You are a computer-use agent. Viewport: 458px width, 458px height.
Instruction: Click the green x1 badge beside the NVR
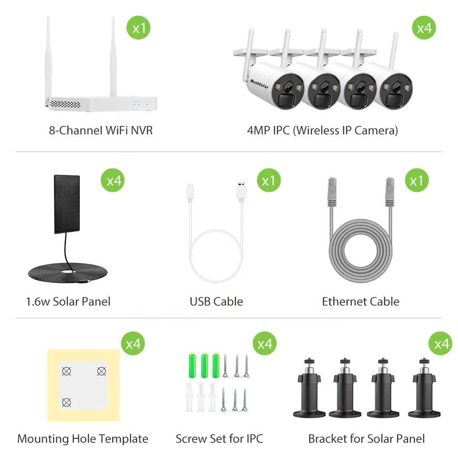coord(138,28)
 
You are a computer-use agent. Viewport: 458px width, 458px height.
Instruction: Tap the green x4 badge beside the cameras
coord(424,28)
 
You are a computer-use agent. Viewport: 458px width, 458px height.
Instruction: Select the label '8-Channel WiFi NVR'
coord(101,130)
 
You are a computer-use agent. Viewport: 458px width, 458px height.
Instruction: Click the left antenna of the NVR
coord(49,57)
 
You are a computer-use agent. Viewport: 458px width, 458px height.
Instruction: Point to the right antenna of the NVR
coord(114,57)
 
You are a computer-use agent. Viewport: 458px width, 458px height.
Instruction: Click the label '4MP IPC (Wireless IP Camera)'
coord(323,130)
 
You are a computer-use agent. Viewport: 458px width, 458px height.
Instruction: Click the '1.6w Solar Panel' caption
coord(68,302)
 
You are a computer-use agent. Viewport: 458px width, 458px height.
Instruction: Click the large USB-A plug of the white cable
coord(241,193)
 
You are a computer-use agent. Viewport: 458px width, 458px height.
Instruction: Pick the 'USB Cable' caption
coord(216,302)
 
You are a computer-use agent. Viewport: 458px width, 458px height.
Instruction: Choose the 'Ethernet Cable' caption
coord(361,302)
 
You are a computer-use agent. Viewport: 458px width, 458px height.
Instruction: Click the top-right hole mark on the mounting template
coord(101,371)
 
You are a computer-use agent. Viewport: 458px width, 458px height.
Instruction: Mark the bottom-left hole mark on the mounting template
coord(67,403)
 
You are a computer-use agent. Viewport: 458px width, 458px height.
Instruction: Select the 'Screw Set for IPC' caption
coord(219,438)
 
